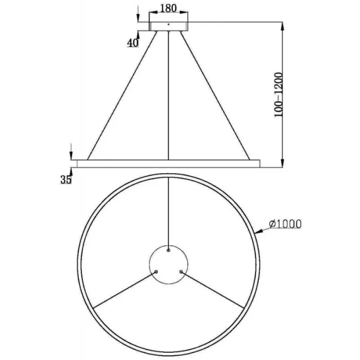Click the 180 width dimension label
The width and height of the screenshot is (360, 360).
point(168,8)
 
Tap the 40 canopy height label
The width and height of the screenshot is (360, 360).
point(133,43)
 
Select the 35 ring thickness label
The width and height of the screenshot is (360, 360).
point(66,179)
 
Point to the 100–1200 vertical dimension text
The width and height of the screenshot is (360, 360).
point(279,95)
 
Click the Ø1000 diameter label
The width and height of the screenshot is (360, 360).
point(285,224)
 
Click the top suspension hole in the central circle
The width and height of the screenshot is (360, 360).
point(168,250)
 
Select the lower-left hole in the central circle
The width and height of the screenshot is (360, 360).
point(156,272)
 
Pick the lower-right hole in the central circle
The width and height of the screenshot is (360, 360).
point(181,272)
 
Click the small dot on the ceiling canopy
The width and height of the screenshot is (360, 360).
point(168,24)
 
